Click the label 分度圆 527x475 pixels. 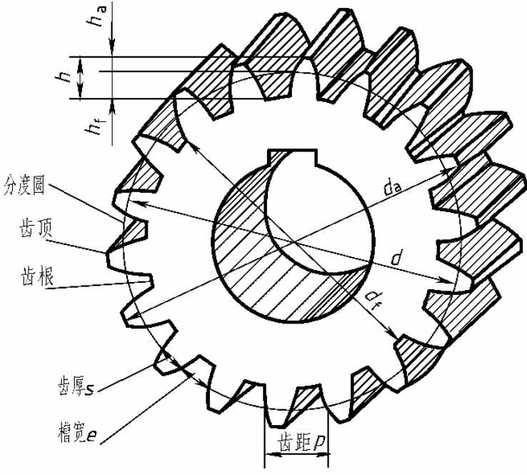[24, 184]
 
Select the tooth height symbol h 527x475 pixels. [63, 78]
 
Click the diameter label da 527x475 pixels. [393, 189]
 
